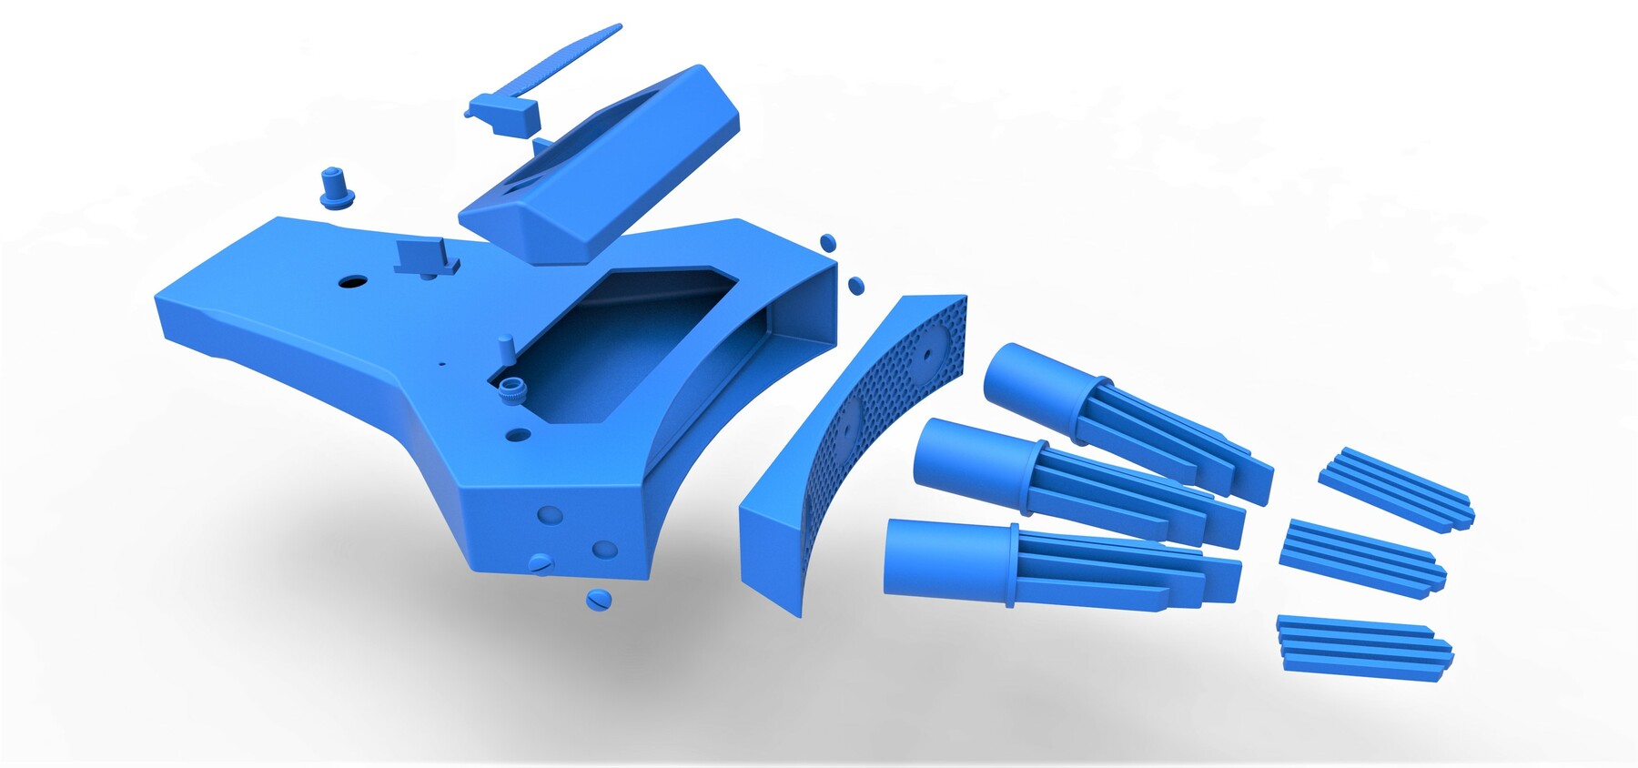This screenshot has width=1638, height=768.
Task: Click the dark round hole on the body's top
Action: [350, 282]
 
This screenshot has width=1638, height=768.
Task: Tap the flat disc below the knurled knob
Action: [519, 434]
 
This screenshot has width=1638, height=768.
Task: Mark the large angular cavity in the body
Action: [619, 346]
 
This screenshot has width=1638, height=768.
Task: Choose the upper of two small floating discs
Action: [827, 243]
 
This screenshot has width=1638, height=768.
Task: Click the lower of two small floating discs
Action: [855, 285]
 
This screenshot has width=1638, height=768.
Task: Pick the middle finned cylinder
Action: [1074, 482]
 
